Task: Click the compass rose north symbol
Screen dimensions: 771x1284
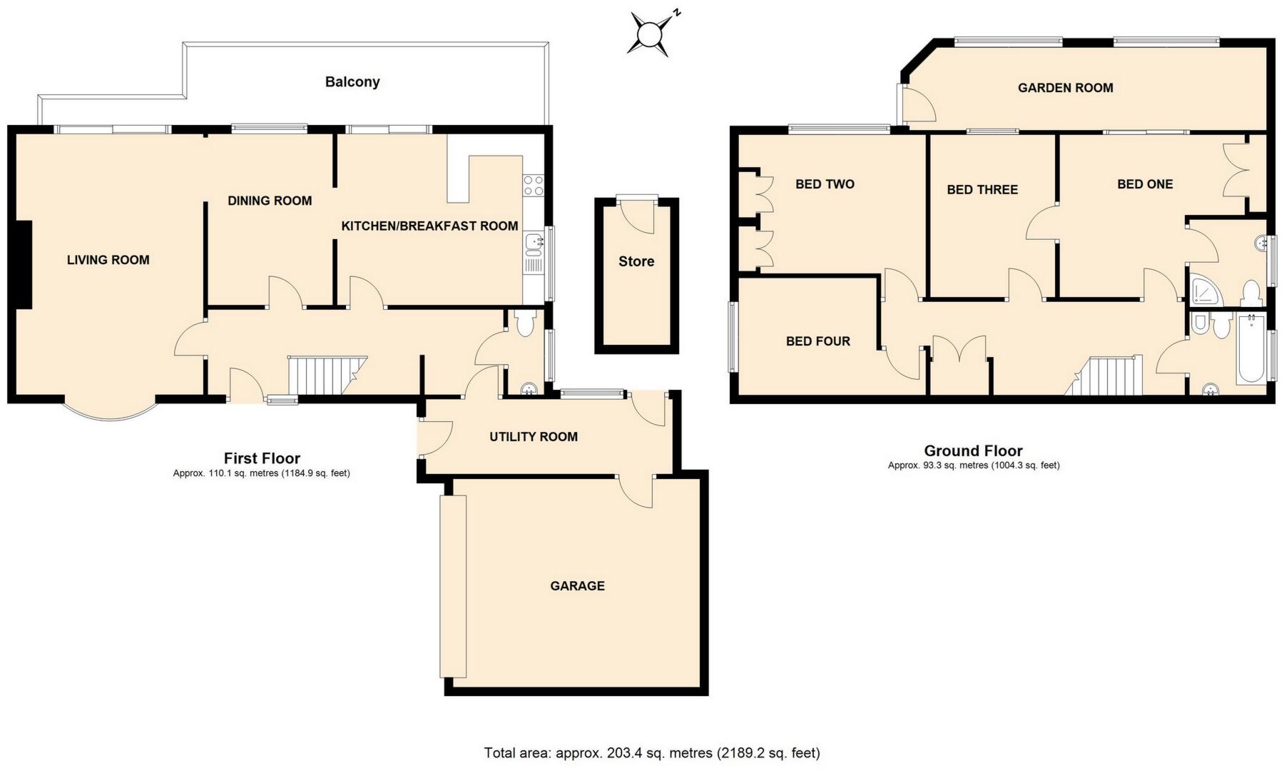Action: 651,34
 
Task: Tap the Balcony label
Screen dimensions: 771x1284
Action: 352,82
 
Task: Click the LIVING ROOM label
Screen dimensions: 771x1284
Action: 108,260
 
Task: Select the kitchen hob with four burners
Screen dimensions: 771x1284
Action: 533,186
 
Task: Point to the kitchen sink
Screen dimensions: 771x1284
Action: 533,244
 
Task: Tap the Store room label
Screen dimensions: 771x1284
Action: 636,261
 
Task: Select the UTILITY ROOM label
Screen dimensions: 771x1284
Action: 534,437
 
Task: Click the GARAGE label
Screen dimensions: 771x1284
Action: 577,586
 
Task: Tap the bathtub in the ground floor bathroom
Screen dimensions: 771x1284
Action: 1250,348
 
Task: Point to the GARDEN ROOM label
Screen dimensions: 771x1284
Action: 1065,88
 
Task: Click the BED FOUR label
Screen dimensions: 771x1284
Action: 818,341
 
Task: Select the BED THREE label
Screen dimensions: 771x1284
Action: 982,189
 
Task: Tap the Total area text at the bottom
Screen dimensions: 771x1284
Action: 652,752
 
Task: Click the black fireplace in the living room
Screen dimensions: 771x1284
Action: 24,264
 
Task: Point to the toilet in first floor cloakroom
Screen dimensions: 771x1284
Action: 525,324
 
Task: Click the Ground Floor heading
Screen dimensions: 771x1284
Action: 973,450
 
